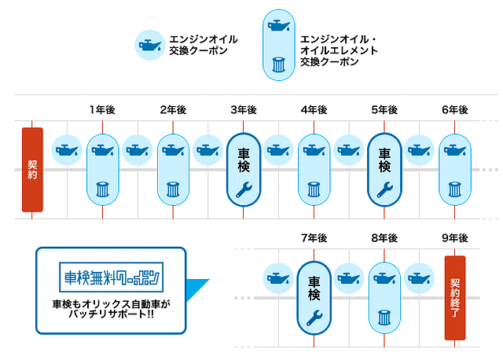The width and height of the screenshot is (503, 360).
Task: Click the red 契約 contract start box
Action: click(32, 170)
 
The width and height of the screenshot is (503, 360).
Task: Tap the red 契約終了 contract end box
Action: click(455, 298)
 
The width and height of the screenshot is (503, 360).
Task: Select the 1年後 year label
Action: click(102, 109)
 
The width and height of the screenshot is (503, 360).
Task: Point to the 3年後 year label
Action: click(244, 109)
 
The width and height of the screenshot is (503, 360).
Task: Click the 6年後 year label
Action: click(454, 109)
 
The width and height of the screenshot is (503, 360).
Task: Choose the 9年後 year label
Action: click(454, 237)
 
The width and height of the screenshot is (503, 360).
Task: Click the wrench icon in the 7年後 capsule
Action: click(314, 317)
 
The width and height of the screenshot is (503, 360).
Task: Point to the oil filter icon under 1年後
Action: click(102, 189)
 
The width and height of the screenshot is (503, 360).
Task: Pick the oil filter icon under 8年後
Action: click(384, 318)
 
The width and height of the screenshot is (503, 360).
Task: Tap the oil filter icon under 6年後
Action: click(454, 189)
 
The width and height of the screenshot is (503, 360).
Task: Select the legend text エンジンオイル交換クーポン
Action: click(204, 45)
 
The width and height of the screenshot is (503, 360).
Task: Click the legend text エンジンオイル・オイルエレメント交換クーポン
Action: click(339, 50)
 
